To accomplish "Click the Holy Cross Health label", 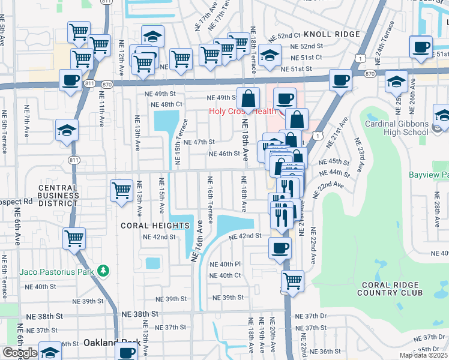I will tap(242, 112).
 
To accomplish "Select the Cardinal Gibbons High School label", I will tap(397, 128).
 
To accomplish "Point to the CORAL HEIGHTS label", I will tap(155, 226).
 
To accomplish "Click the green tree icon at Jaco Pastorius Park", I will tap(103, 271).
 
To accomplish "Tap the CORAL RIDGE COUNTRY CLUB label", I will tap(390, 288).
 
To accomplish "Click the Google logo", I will tap(19, 352).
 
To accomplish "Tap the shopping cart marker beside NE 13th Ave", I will tap(121, 190).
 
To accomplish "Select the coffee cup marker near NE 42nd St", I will tap(279, 248).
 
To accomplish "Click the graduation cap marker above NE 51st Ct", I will tap(270, 56).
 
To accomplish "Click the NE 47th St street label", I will tap(199, 142).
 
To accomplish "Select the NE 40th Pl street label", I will tap(224, 264).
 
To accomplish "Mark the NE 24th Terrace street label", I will tap(379, 47).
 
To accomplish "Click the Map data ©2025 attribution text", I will tap(423, 355).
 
